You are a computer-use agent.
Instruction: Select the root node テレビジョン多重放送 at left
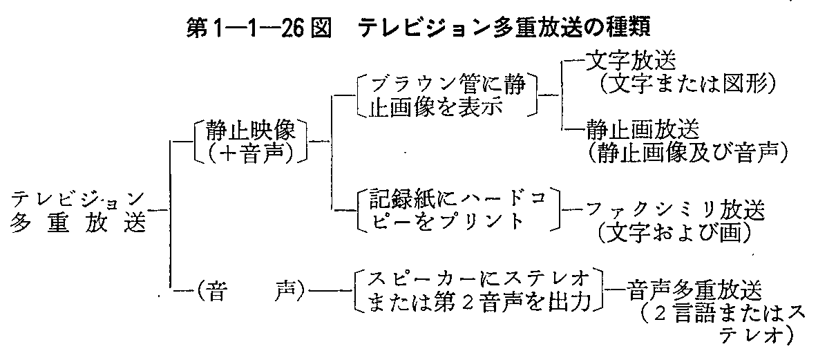coord(77,211)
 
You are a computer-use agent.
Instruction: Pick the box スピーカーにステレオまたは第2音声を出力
coord(475,290)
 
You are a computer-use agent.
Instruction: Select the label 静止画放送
coord(643,129)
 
